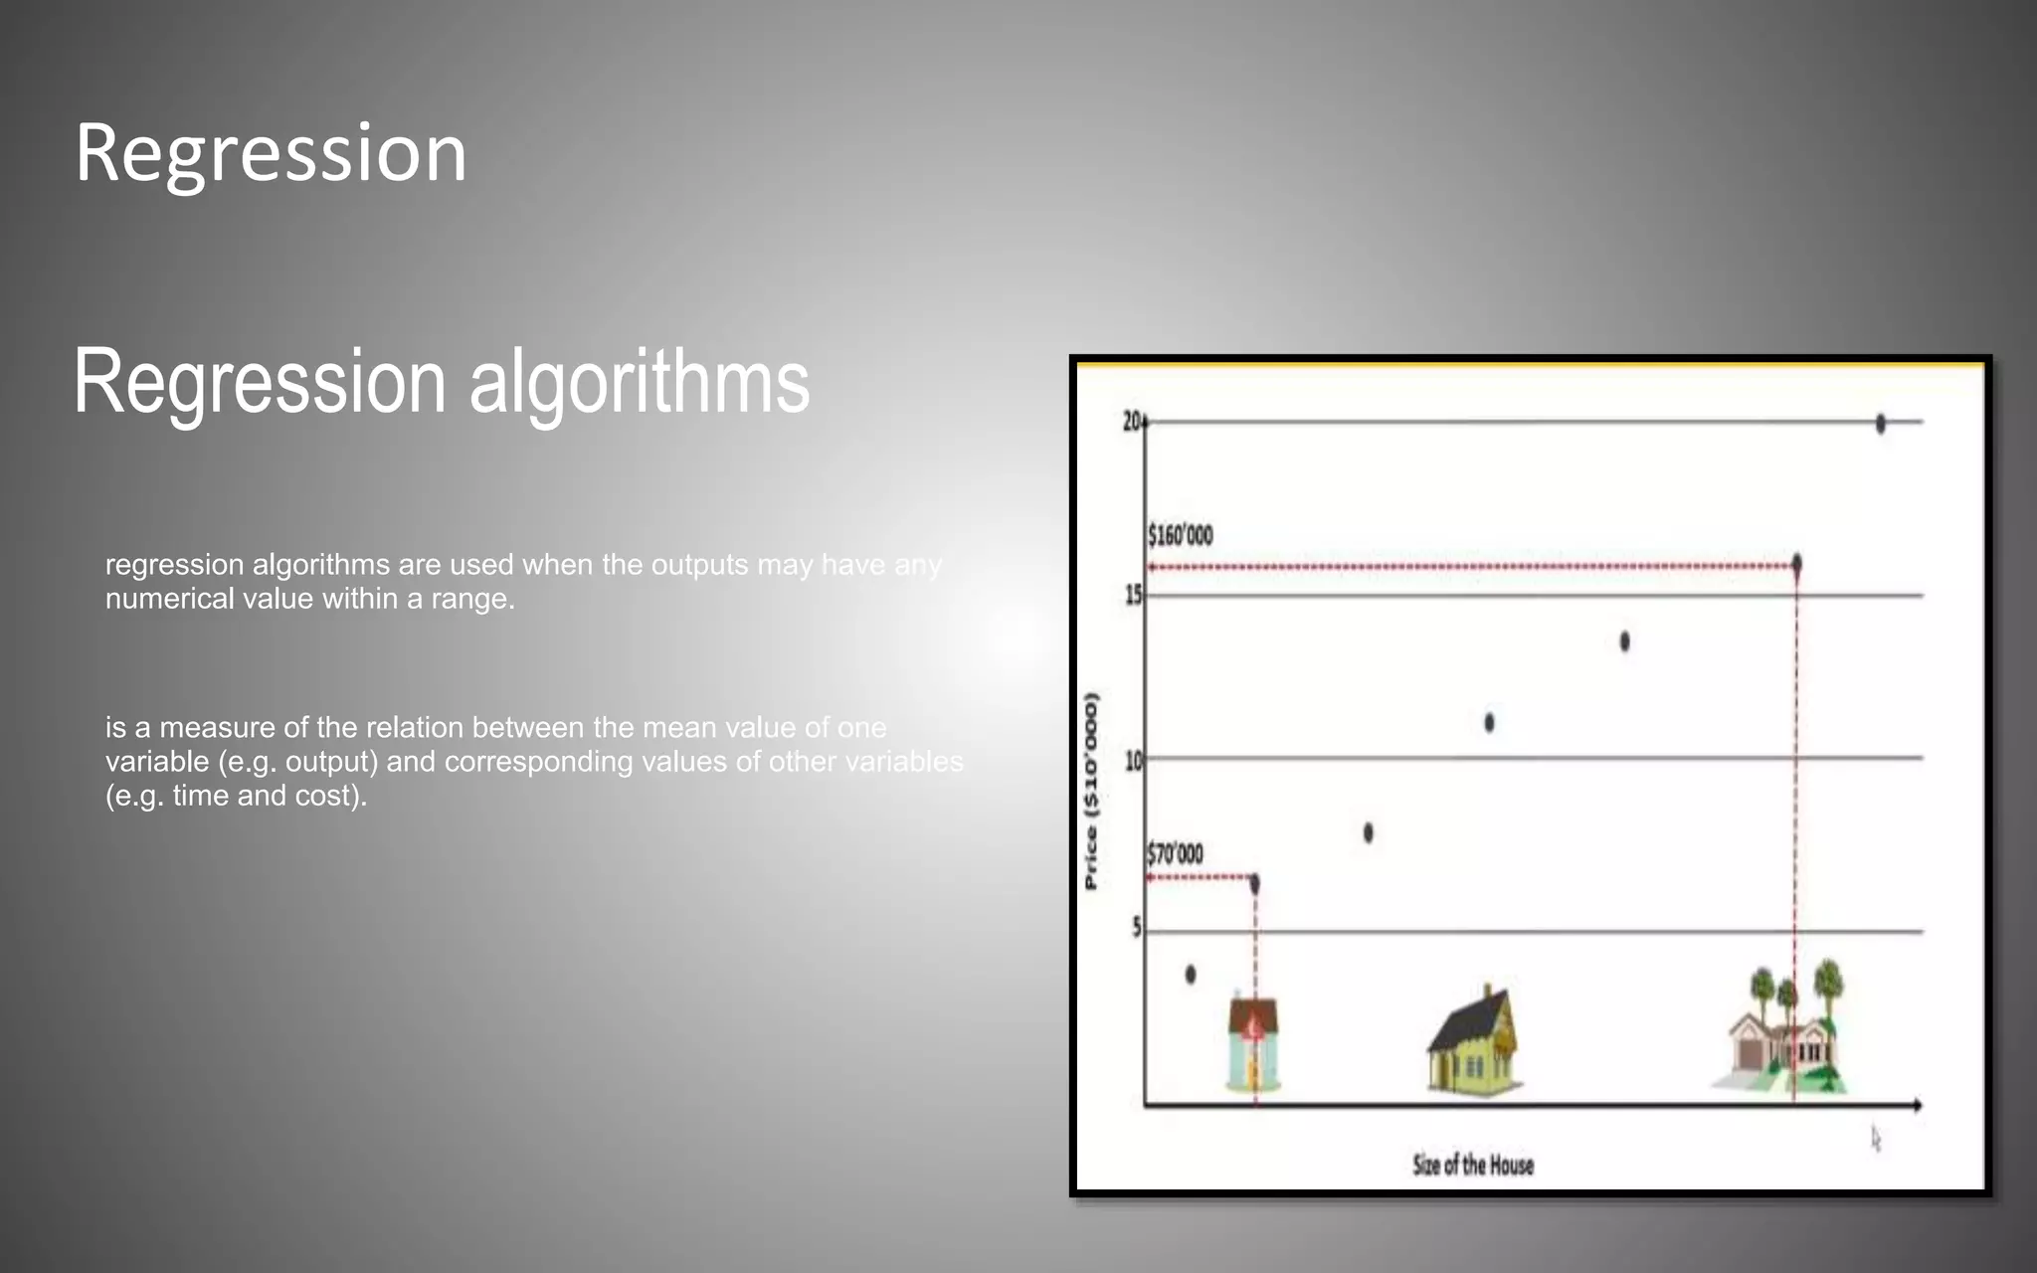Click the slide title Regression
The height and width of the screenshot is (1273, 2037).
pyautogui.click(x=271, y=154)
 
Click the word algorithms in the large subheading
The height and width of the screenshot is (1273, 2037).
pyautogui.click(x=639, y=384)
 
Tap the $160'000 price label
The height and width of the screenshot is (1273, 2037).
pyautogui.click(x=1181, y=536)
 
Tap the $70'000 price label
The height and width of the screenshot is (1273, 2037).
pyautogui.click(x=1175, y=854)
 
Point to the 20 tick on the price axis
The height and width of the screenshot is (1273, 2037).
pyautogui.click(x=1132, y=422)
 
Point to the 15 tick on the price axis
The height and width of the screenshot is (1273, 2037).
pyautogui.click(x=1133, y=596)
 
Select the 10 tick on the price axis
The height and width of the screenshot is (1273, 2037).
pyautogui.click(x=1133, y=761)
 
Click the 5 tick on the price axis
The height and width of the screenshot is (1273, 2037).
pyautogui.click(x=1137, y=928)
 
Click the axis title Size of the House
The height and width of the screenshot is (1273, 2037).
pyautogui.click(x=1473, y=1165)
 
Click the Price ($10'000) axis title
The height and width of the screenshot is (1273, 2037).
pyautogui.click(x=1091, y=791)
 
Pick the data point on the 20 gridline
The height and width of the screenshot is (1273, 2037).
pyautogui.click(x=1880, y=424)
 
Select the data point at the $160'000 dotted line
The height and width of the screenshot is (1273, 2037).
pyautogui.click(x=1796, y=564)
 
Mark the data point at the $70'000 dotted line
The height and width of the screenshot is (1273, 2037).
pyautogui.click(x=1254, y=883)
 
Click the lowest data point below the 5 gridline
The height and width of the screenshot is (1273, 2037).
pyautogui.click(x=1191, y=975)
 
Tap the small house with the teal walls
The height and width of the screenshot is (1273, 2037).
pyautogui.click(x=1252, y=1044)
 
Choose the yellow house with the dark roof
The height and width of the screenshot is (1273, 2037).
pyautogui.click(x=1473, y=1044)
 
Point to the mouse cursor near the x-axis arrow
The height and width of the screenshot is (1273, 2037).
pyautogui.click(x=1876, y=1139)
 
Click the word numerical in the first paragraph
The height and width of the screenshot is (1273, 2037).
pyautogui.click(x=166, y=599)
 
